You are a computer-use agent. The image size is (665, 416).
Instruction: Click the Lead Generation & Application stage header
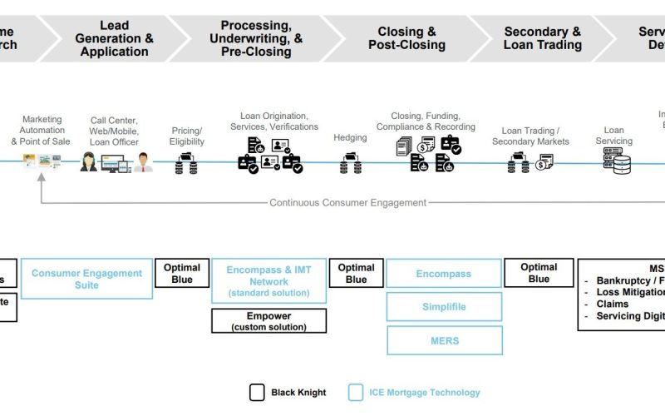click(x=114, y=38)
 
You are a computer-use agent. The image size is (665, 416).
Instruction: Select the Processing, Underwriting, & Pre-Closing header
click(x=256, y=38)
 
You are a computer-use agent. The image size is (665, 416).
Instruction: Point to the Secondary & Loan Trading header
click(x=542, y=38)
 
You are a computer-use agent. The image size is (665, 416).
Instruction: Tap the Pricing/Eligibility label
click(x=186, y=136)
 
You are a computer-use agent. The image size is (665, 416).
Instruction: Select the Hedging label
click(x=350, y=137)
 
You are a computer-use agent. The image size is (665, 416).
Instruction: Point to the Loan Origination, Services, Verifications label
click(x=274, y=121)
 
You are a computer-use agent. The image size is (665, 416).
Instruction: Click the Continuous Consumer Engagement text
click(x=347, y=202)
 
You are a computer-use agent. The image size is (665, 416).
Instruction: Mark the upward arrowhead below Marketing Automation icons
click(x=41, y=177)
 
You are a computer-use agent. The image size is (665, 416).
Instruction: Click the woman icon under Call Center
click(x=89, y=161)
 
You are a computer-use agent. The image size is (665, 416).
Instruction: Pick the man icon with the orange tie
click(x=144, y=162)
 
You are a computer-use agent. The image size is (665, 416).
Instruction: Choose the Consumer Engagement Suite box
click(x=86, y=279)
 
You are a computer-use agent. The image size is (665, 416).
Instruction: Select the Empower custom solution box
click(x=268, y=321)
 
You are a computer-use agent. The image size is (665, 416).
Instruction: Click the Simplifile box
click(x=444, y=307)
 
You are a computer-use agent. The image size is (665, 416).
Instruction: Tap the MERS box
click(x=444, y=340)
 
